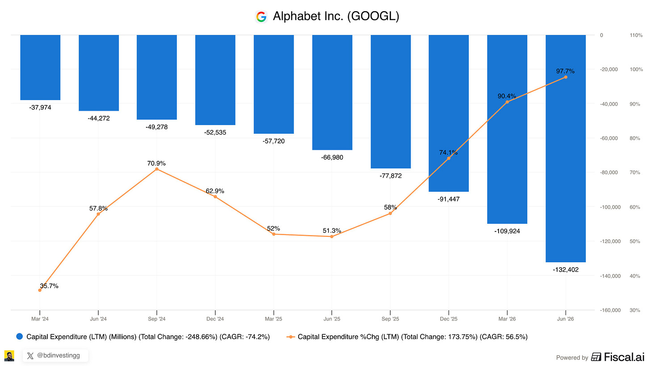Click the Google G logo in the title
(x=261, y=17)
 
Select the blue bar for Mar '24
(x=40, y=67)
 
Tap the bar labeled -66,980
(x=332, y=93)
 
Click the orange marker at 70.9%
(x=157, y=169)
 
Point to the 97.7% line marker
(x=566, y=77)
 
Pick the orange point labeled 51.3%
(x=332, y=236)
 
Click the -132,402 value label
(x=566, y=269)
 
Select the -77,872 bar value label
(x=391, y=176)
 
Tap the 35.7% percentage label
(x=49, y=286)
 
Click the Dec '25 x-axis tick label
(x=449, y=319)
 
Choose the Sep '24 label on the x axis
(x=157, y=319)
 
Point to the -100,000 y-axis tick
(x=610, y=207)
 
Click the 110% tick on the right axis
(x=636, y=35)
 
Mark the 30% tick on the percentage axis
(x=635, y=310)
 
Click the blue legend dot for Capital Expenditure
(x=20, y=337)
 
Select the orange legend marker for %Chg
(x=291, y=337)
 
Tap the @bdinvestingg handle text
(x=58, y=356)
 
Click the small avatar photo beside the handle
(x=9, y=356)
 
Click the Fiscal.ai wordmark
(x=624, y=357)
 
